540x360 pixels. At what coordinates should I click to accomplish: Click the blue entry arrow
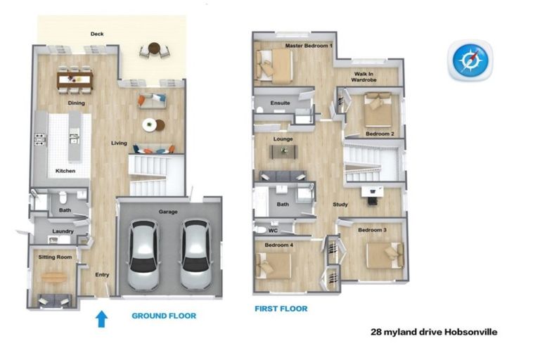coord(101,319)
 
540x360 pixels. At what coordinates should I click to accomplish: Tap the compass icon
coord(470,60)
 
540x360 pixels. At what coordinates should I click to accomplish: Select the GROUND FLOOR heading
coord(164,316)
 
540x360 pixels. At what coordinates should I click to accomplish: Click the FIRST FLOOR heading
coord(281,309)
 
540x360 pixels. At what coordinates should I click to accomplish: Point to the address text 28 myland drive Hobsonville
coord(434,332)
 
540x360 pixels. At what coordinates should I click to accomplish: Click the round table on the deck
coord(154,49)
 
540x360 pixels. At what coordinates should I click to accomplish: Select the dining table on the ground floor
coord(75,80)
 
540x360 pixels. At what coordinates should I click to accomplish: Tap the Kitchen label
coord(65,171)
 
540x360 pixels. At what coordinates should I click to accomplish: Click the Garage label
coord(168,212)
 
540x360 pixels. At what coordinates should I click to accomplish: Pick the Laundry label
coord(63,231)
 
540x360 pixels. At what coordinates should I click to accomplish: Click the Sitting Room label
coord(55,257)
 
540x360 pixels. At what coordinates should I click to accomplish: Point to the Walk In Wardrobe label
coord(364,77)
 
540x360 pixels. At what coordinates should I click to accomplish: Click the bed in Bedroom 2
coord(378,110)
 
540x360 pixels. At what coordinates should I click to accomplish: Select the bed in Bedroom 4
coord(274,266)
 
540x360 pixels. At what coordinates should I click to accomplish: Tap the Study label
coord(340,205)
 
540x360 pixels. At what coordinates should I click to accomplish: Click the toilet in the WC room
coord(259,229)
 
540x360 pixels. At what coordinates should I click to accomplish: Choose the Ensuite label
coord(281,103)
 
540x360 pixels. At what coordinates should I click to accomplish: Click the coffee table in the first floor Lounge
coord(284,152)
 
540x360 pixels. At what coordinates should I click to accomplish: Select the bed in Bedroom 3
coord(385,255)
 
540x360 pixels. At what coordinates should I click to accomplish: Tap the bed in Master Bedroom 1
coord(274,66)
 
